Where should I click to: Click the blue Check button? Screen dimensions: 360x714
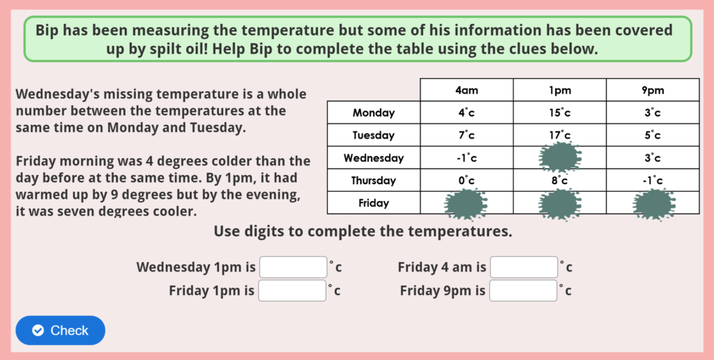point(60,330)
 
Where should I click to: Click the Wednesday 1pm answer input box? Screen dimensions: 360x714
point(293,267)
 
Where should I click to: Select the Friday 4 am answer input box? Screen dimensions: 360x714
point(524,267)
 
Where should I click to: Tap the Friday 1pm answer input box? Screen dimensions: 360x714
point(293,290)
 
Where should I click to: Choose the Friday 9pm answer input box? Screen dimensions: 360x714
point(524,290)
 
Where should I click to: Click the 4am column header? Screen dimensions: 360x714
point(466,90)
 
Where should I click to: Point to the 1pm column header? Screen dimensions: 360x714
point(559,90)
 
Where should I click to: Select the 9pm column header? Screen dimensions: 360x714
point(653,90)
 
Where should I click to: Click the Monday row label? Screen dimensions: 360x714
point(374,113)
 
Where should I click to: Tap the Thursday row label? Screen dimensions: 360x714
point(374,181)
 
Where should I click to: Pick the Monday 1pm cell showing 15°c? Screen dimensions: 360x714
point(559,113)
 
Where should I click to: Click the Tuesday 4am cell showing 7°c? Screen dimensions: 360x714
point(466,135)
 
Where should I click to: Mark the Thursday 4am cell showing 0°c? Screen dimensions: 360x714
point(466,181)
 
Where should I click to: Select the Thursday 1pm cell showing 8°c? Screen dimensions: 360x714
point(559,181)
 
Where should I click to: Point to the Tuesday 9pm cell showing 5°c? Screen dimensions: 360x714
point(653,135)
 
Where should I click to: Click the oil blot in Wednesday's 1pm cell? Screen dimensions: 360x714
point(560,157)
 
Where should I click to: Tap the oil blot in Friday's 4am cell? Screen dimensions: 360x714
point(466,204)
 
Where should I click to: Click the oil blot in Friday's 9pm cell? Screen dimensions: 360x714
point(653,204)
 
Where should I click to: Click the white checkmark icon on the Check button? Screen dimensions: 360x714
point(38,331)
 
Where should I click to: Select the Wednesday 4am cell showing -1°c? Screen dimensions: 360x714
point(466,158)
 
